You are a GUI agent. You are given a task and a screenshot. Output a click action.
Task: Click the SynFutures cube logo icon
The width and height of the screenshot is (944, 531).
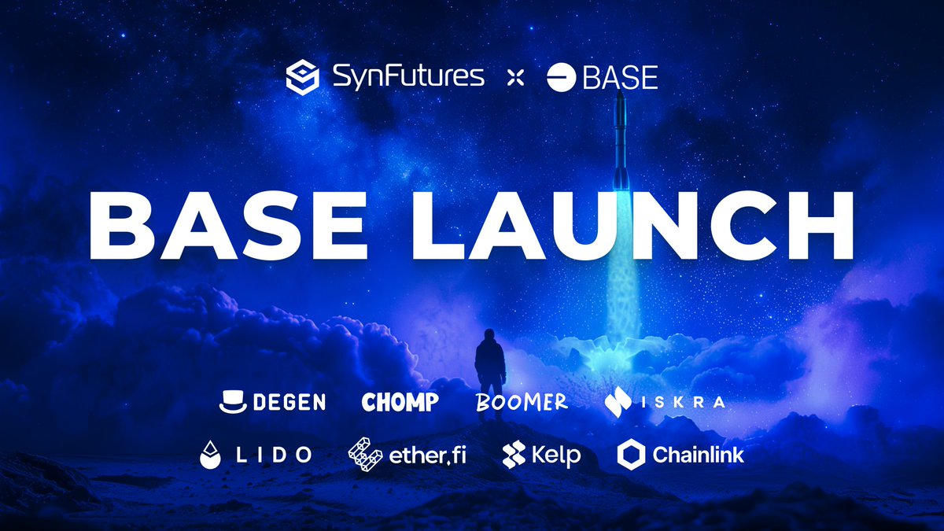coord(303,77)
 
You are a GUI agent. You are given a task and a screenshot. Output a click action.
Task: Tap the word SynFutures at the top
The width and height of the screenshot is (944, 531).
coord(407,76)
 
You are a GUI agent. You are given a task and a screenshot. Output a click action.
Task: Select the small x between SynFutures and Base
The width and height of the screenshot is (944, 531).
coord(514,77)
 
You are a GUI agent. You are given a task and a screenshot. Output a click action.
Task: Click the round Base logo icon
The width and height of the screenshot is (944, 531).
coord(560,77)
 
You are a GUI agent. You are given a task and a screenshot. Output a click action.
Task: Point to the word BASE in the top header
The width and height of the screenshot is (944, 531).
coord(619,77)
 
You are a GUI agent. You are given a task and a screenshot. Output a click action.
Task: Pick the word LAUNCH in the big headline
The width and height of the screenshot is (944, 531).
coord(645,224)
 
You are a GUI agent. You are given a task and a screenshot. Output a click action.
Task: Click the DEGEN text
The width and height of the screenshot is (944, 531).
coord(289,403)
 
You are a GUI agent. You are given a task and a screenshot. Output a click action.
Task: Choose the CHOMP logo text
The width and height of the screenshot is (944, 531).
coord(400,403)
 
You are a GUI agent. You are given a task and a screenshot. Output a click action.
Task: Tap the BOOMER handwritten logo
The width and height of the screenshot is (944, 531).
coord(522,402)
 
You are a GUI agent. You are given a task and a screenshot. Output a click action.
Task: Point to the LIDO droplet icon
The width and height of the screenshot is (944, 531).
coord(209,455)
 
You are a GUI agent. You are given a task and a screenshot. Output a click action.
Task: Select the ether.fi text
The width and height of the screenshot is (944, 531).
coord(427,455)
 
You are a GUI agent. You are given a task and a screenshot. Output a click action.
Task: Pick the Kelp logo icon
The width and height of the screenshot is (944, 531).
coord(514,455)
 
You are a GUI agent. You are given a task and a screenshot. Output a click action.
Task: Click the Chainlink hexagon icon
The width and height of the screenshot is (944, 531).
coord(631,454)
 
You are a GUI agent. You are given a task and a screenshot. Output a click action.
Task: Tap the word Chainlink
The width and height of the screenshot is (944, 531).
coord(698,454)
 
